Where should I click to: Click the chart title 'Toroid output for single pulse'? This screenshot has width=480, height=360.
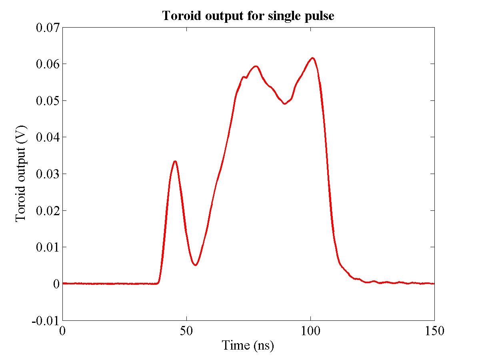click(248, 16)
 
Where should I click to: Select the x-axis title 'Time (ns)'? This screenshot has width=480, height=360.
click(248, 345)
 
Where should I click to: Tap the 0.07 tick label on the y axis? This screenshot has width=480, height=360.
click(48, 28)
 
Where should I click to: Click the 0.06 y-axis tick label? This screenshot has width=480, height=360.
click(48, 64)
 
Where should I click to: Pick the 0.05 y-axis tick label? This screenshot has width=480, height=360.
click(48, 101)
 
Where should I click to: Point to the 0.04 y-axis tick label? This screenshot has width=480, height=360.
click(48, 137)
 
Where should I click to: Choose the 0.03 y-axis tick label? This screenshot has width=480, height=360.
click(48, 174)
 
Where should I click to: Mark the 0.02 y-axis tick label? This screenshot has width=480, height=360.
click(48, 210)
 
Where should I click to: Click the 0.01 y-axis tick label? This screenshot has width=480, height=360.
click(48, 247)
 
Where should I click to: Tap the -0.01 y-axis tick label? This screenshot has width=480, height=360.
click(46, 320)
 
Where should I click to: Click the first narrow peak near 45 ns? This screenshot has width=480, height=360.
click(175, 161)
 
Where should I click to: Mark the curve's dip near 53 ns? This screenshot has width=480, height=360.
click(195, 265)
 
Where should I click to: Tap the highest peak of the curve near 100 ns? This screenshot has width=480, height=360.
click(313, 58)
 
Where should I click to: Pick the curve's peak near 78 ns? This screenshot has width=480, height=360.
click(256, 66)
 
